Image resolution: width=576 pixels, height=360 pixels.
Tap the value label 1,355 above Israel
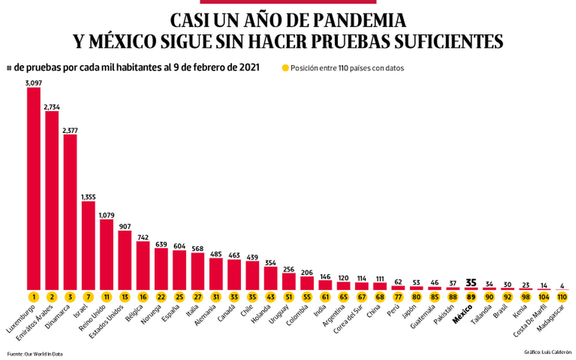pos(88,197)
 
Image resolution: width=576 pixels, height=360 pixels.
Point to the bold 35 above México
pos(471,282)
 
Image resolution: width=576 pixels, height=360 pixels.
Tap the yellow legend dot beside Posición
pos(285,68)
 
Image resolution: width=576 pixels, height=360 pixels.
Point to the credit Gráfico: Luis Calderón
pos(547,350)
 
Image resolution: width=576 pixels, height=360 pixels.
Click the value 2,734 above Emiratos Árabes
pos(52,107)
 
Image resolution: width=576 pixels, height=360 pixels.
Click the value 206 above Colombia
pos(307,273)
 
